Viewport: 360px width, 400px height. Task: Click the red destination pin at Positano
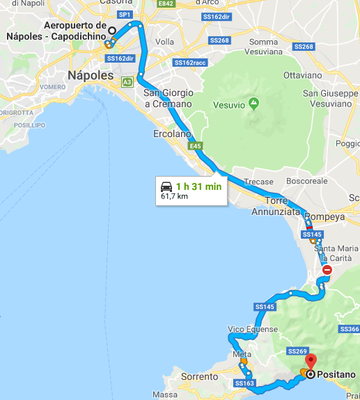(311, 361)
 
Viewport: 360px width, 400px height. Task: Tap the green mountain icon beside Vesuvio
(254, 105)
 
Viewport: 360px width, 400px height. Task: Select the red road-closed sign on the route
(327, 271)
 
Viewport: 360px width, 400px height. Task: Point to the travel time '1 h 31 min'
(198, 186)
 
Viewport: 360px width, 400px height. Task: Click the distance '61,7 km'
(174, 197)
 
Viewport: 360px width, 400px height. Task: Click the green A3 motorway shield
(127, 82)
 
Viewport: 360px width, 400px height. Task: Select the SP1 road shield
(125, 14)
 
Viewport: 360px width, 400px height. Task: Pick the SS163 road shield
(244, 383)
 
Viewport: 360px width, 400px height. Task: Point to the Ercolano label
(171, 134)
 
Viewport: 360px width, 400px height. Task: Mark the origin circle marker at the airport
(111, 31)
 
